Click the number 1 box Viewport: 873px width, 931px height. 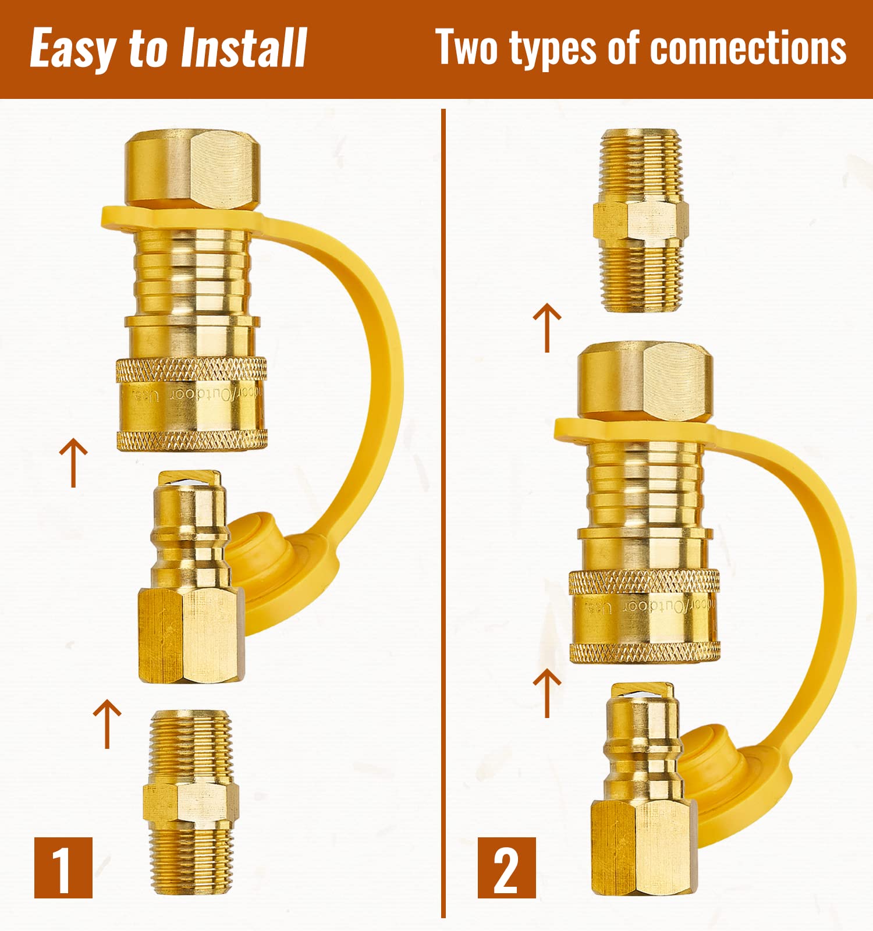pos(63,868)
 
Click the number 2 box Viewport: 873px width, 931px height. pos(506,868)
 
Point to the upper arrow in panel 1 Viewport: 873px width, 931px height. pos(73,463)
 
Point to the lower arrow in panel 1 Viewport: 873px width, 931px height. pos(107,723)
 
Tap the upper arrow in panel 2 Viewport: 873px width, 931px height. pos(547,328)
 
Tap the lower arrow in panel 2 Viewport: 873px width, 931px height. pos(547,692)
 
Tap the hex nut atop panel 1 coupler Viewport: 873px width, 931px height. pos(192,169)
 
